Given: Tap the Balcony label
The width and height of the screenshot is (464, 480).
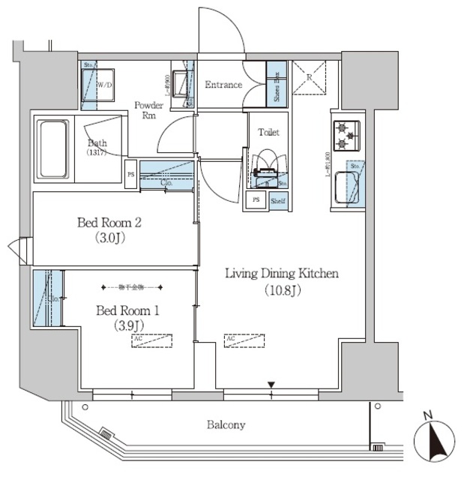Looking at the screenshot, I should click(226, 424).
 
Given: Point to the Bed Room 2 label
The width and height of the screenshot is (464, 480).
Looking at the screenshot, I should click(110, 230).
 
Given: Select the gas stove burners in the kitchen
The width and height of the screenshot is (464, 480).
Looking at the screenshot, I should click(345, 135).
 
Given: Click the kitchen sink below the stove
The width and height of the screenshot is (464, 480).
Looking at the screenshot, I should click(347, 187).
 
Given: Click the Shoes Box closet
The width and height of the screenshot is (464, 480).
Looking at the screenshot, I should click(277, 85).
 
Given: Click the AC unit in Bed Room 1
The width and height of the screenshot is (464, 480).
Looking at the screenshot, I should click(151, 340).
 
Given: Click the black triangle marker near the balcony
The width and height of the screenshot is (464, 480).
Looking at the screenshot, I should click(272, 385).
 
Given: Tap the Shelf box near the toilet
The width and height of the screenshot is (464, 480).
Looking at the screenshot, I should click(277, 200).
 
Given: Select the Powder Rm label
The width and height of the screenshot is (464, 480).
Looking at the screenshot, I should click(148, 111).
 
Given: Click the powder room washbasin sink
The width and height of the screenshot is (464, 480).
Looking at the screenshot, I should click(181, 83).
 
